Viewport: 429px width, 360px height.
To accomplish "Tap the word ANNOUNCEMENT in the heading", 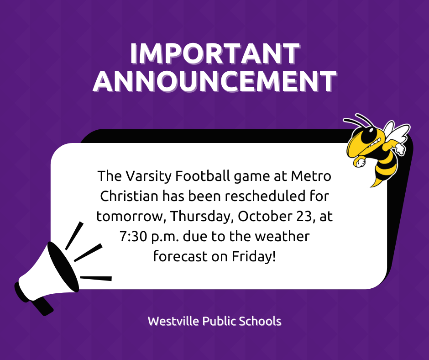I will (214, 81).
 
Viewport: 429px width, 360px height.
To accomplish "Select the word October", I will (262, 216).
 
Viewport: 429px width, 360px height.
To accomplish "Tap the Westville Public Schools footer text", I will (214, 321).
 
